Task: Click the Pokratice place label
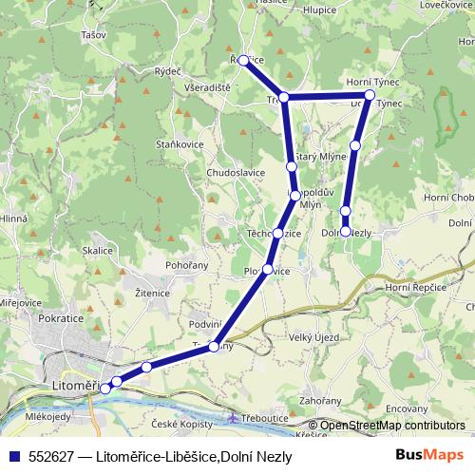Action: click(62, 320)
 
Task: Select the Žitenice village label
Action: click(152, 294)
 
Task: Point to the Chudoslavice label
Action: click(236, 172)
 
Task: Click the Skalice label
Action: click(98, 250)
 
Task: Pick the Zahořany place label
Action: click(320, 402)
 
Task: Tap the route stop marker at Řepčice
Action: click(243, 60)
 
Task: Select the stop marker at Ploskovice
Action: click(268, 270)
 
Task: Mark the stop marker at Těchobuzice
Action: click(276, 234)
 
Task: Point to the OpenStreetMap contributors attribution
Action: click(393, 426)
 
